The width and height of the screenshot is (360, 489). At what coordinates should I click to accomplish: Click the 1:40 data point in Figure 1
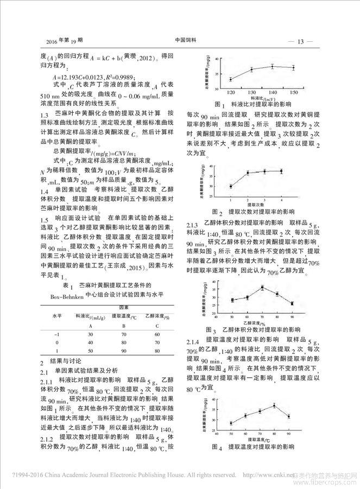[272, 67]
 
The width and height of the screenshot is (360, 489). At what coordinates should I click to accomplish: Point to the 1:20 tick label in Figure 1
[230, 93]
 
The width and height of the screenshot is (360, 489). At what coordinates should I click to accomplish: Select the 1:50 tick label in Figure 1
[293, 93]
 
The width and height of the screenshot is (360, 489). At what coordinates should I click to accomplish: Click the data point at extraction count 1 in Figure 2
[230, 186]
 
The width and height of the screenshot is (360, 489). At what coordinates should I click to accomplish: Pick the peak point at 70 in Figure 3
[262, 287]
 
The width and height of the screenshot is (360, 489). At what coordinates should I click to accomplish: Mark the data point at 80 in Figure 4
[274, 405]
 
